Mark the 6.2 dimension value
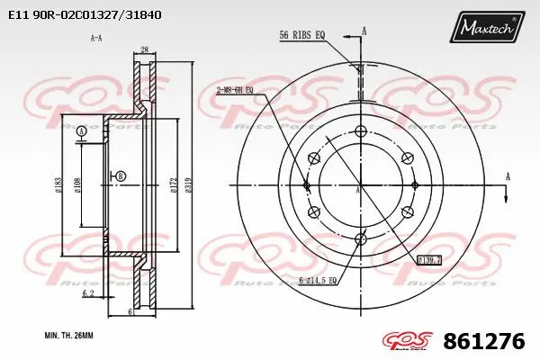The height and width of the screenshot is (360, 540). (x=88, y=293)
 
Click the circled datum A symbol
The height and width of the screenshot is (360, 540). (x=82, y=132)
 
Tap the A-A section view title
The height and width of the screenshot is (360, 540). (x=95, y=38)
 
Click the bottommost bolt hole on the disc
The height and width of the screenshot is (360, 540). (x=361, y=238)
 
